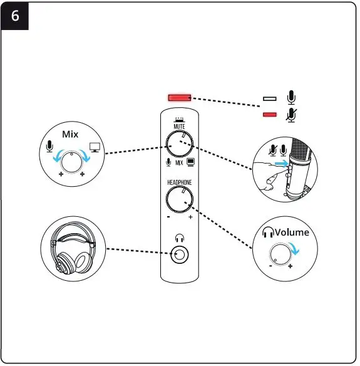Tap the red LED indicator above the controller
coord(179,98)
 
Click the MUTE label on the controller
coord(179,126)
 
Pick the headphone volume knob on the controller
coord(179,201)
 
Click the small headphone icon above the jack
coord(180,238)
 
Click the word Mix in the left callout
coord(69,134)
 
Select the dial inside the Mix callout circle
coord(73,161)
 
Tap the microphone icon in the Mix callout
coord(50,147)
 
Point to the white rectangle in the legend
coord(270,99)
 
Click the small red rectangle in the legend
coord(270,115)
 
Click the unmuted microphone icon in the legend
coord(291,98)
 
